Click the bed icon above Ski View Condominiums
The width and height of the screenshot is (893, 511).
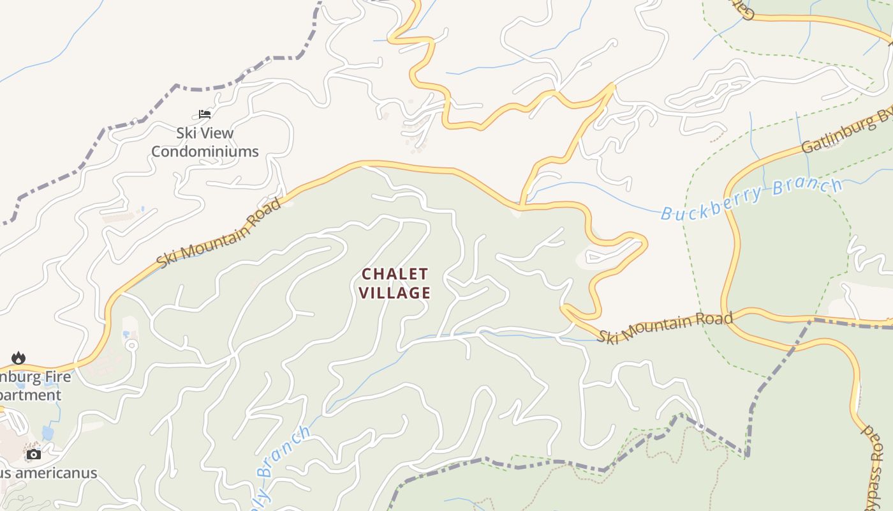coord(205,114)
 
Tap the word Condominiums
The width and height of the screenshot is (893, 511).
coord(205,151)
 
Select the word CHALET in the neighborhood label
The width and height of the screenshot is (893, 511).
coord(395,274)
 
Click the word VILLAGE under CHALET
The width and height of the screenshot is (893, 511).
coord(395,293)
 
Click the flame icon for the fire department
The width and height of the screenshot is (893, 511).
coord(18,358)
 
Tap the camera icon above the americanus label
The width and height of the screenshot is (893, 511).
coord(34,455)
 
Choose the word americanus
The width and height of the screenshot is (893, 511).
coord(57,473)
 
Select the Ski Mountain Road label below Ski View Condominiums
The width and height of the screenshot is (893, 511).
coord(219,233)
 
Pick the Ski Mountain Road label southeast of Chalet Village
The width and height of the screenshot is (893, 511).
coord(665,328)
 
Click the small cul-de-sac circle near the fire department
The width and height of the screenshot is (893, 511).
coord(131,346)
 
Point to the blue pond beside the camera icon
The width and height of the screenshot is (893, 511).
coord(48,433)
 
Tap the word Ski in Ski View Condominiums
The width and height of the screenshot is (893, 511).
coord(188,133)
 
